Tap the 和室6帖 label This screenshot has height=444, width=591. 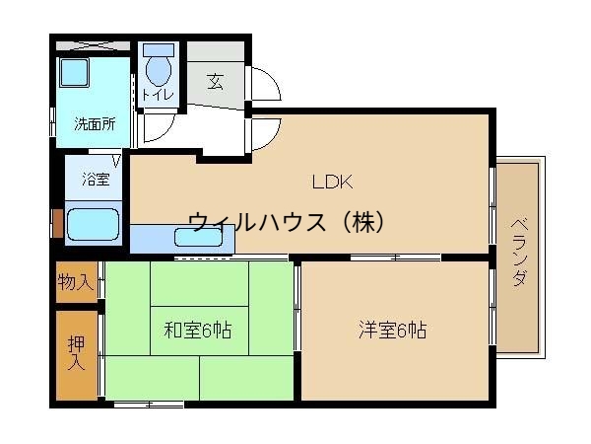[x=197, y=330]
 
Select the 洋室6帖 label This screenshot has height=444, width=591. [x=392, y=330]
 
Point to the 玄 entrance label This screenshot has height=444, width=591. [x=215, y=81]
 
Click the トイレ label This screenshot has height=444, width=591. [x=159, y=95]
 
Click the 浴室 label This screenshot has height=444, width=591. [x=95, y=180]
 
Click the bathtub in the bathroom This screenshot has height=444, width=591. [x=94, y=224]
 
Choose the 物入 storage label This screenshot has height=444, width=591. [x=75, y=283]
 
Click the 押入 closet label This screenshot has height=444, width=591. [x=76, y=353]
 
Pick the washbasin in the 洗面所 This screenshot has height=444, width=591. [x=74, y=73]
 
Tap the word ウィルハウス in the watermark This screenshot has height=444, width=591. [x=254, y=222]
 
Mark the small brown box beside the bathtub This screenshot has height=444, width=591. [x=57, y=224]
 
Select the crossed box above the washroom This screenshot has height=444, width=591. [x=91, y=45]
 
